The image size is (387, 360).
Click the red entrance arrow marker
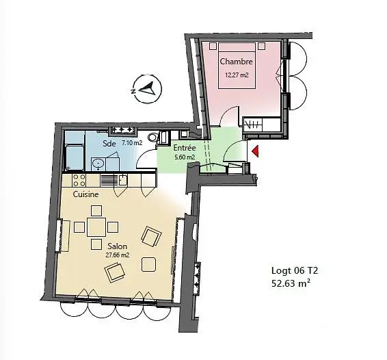(x=255, y=151)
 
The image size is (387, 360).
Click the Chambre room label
(x=236, y=62)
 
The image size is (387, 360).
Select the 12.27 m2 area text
(x=236, y=75)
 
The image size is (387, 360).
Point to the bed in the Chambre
(x=237, y=66)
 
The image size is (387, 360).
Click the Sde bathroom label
(x=109, y=144)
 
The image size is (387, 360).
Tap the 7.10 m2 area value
(x=132, y=142)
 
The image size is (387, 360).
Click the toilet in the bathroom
(x=153, y=137)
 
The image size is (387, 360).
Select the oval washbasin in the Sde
(x=98, y=164)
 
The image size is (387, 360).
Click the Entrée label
(x=185, y=148)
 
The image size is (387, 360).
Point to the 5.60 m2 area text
(x=185, y=157)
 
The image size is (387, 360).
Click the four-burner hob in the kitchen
(x=79, y=180)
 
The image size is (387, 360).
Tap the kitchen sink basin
(x=122, y=180)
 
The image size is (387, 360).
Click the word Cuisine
(x=85, y=194)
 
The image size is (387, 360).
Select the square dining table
(x=96, y=227)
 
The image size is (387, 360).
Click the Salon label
(x=117, y=246)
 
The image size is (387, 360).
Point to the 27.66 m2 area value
(x=117, y=255)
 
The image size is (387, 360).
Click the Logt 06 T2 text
(x=295, y=271)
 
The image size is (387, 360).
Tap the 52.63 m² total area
(x=291, y=283)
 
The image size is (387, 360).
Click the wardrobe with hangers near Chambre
(x=253, y=125)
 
